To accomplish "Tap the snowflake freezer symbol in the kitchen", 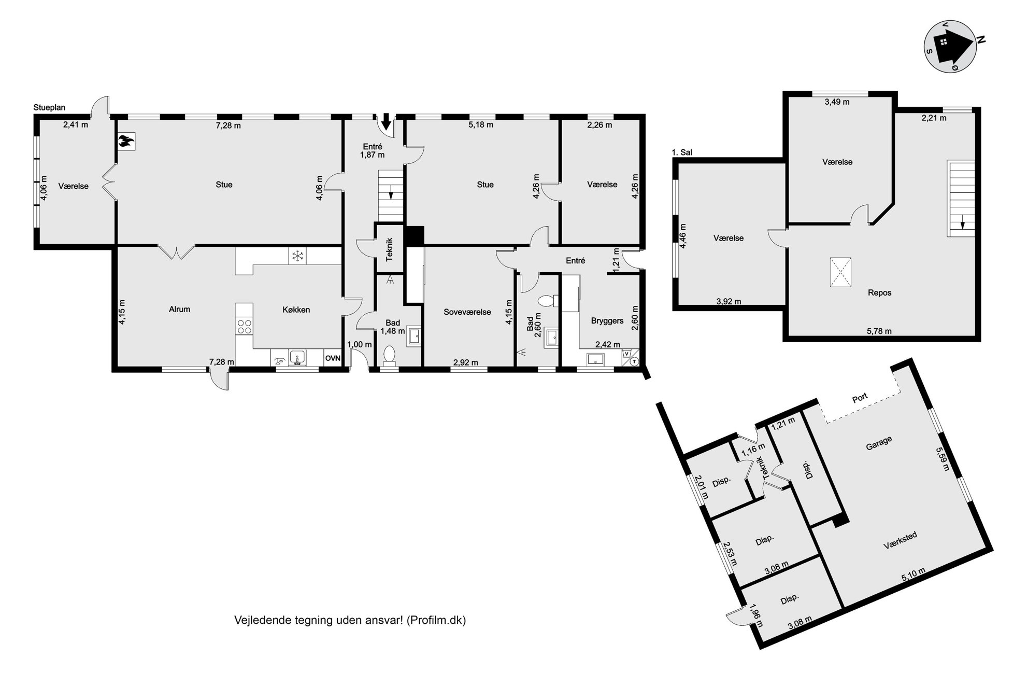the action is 297,256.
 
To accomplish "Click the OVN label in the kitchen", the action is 333,358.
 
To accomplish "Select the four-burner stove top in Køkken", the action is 244,326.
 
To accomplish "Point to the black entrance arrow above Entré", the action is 386,121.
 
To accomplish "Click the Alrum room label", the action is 180,310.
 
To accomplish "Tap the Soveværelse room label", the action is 467,312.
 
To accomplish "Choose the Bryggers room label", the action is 607,321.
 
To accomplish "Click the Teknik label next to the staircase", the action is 390,249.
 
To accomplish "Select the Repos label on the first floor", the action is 879,293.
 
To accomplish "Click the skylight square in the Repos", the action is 841,272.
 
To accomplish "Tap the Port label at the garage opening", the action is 860,398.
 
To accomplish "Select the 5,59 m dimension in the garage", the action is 943,459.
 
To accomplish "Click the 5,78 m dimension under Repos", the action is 879,331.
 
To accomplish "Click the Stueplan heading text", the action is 49,108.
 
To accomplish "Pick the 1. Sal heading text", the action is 682,152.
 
